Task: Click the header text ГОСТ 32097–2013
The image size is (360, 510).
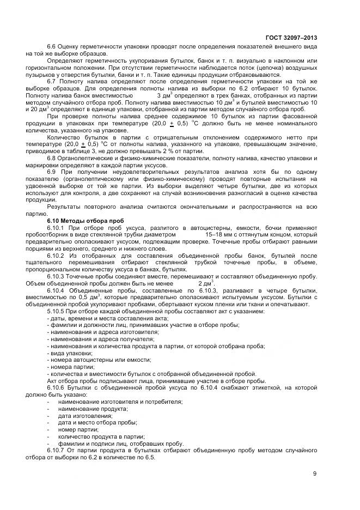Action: click(291, 38)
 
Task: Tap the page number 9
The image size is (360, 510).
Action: click(315, 473)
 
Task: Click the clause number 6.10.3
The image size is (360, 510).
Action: click(56, 276)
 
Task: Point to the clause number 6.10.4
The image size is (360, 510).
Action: click(56, 290)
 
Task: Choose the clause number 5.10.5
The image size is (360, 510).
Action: click(56, 311)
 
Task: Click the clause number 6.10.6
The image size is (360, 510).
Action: click(56, 387)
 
